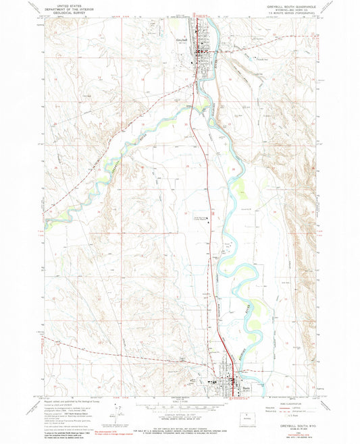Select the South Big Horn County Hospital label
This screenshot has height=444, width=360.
202,217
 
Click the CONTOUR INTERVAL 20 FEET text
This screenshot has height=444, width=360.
178,413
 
